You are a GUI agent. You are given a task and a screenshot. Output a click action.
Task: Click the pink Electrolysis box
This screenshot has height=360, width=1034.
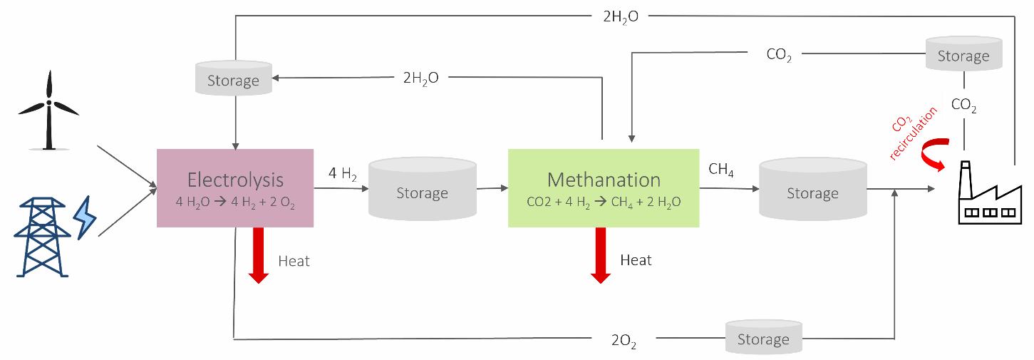click(235, 187)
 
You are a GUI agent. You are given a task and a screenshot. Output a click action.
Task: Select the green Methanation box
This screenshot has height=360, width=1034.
click(603, 187)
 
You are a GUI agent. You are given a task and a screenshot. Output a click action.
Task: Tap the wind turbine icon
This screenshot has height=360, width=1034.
click(48, 110)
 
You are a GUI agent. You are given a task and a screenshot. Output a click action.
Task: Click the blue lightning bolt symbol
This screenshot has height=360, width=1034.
click(85, 217)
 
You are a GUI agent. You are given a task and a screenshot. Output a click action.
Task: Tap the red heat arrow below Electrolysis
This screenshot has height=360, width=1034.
click(258, 255)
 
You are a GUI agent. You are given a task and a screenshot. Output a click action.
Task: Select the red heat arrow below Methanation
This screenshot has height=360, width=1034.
click(601, 255)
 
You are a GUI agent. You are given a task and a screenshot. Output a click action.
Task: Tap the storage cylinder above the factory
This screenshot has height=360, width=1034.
click(963, 53)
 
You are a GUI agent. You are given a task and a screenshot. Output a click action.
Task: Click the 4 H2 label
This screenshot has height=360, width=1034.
click(343, 173)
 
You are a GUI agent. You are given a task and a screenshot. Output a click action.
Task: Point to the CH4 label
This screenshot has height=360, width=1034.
click(722, 170)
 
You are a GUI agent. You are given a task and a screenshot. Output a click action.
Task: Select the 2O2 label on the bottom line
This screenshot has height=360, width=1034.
click(624, 341)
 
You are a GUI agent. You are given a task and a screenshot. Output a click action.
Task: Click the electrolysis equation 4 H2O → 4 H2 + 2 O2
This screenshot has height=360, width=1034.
click(235, 202)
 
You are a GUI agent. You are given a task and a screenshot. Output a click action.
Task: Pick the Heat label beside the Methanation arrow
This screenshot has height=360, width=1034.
click(636, 260)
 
